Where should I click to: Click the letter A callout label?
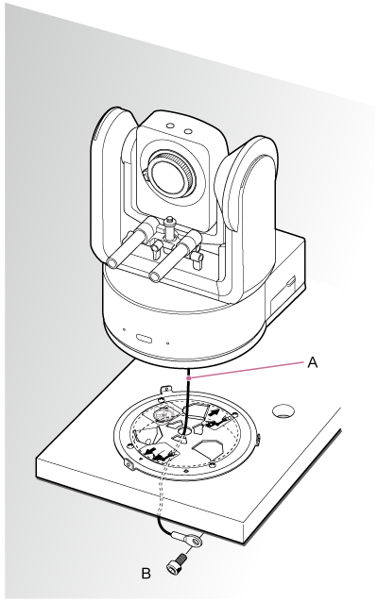click(313, 362)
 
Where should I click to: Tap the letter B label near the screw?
click(146, 574)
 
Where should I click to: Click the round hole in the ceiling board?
click(283, 410)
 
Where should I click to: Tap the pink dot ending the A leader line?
click(188, 378)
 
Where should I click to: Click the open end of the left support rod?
click(112, 263)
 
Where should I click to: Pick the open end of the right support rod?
click(155, 276)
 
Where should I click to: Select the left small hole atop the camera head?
click(169, 125)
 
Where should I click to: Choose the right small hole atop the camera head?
click(188, 131)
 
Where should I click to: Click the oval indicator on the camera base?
click(144, 338)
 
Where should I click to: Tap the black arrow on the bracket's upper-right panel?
click(215, 413)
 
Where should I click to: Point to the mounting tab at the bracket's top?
click(165, 390)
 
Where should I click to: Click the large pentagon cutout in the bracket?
click(207, 448)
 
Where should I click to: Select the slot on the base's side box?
click(291, 282)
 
